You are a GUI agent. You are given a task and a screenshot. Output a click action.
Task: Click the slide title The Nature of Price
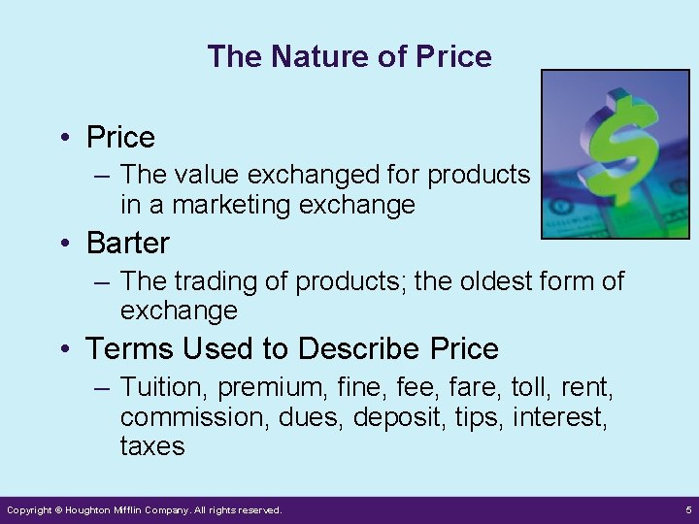[349, 56]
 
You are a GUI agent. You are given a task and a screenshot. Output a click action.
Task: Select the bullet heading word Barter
[127, 243]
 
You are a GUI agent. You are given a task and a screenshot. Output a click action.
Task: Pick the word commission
[183, 417]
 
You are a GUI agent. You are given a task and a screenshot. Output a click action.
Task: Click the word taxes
[152, 446]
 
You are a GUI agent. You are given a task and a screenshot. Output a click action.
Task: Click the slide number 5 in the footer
[686, 509]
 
